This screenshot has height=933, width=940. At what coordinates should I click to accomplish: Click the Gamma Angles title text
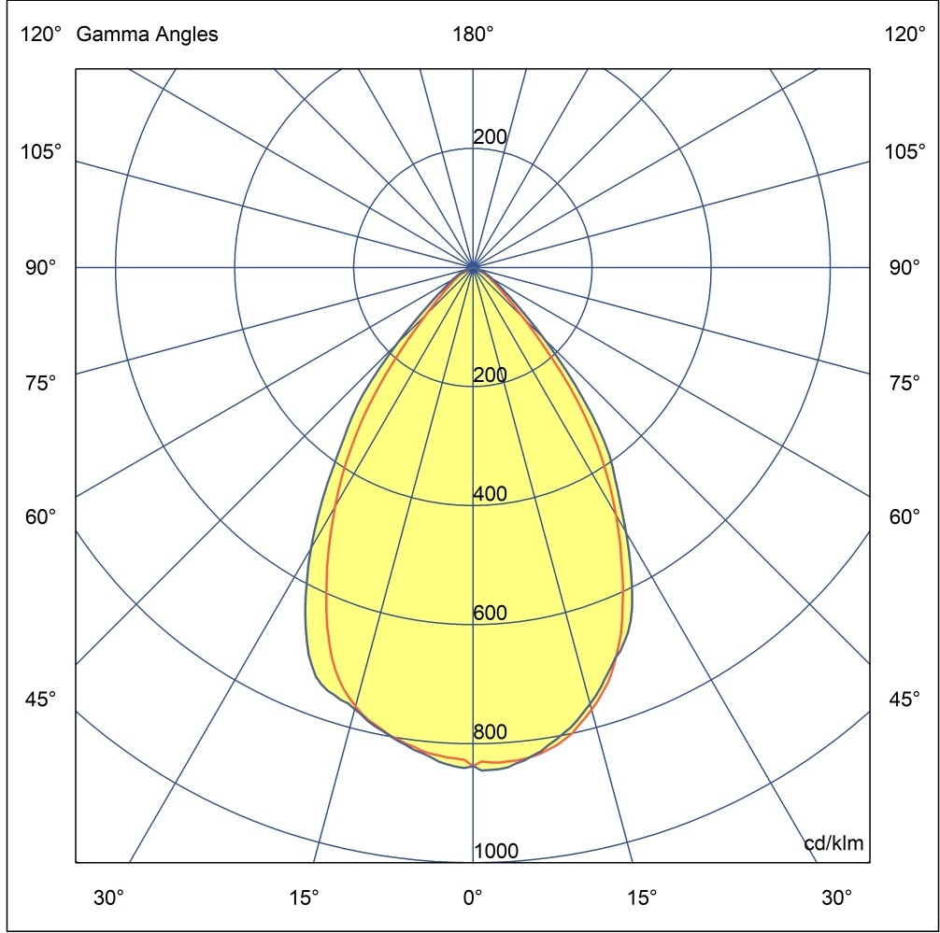(148, 35)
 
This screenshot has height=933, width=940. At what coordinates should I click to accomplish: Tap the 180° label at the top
(473, 35)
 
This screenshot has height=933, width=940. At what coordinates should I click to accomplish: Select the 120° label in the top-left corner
(41, 35)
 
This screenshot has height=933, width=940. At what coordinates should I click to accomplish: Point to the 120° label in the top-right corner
(904, 35)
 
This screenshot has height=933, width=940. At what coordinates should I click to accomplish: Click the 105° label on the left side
(41, 152)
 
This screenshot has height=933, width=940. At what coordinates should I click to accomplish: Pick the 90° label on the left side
(41, 268)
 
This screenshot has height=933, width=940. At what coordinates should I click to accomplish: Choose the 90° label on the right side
(904, 268)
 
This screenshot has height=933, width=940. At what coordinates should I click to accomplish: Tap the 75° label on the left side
(41, 383)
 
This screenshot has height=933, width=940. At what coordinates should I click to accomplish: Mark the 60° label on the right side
(904, 516)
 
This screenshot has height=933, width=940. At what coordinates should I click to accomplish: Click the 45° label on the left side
(41, 699)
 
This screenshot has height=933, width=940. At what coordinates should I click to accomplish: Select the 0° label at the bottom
(473, 898)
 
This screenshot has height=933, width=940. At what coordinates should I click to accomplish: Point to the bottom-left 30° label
(108, 898)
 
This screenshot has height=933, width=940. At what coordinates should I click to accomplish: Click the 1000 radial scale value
(496, 851)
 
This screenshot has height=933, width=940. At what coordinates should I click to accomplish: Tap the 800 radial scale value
(491, 732)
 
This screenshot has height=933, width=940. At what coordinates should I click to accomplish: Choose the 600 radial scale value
(491, 614)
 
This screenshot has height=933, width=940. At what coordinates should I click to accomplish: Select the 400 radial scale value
(491, 495)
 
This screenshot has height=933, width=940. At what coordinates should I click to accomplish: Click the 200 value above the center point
(491, 137)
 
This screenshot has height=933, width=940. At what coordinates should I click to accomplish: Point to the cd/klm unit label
(833, 845)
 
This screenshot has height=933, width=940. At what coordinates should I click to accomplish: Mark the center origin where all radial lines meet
(473, 268)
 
